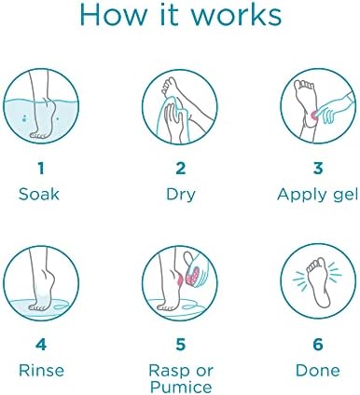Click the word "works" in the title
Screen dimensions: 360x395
[x=236, y=15]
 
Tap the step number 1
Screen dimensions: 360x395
[x=41, y=169]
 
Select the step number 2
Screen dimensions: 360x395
[x=180, y=169]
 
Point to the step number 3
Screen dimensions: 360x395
[x=318, y=169]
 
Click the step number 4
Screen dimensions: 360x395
[x=41, y=345]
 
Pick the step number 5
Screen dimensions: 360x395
[x=180, y=345]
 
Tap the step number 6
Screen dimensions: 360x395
[x=318, y=345]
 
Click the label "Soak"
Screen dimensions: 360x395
[x=39, y=194]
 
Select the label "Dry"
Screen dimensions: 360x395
[x=180, y=196]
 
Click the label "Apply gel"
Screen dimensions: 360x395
[x=317, y=196]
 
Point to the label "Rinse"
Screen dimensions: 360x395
[x=41, y=371]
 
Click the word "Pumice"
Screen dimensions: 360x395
[x=181, y=387]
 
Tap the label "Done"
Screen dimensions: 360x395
[x=317, y=371]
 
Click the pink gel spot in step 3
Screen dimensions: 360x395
[x=313, y=115]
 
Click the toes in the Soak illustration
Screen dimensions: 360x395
[x=37, y=135]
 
